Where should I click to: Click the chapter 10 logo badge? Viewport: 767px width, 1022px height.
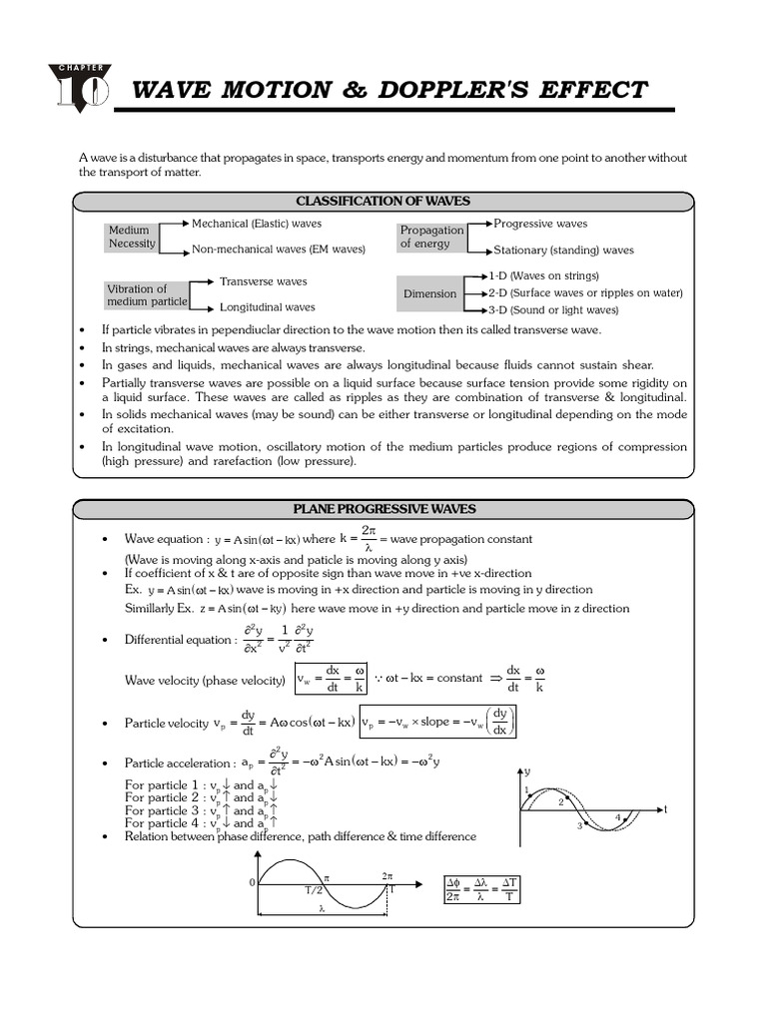(x=80, y=88)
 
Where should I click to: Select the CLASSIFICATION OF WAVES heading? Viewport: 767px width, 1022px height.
(x=383, y=202)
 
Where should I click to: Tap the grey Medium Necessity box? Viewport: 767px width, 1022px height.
(x=132, y=237)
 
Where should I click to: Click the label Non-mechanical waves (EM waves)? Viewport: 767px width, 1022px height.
(x=279, y=250)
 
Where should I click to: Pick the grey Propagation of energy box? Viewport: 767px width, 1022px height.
(x=431, y=237)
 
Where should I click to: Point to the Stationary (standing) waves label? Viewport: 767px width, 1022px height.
(x=563, y=251)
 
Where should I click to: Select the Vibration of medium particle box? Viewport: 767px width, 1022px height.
(x=147, y=295)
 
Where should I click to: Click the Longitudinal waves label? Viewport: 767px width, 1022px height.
(x=267, y=307)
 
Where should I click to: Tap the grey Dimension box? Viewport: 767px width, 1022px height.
(x=429, y=293)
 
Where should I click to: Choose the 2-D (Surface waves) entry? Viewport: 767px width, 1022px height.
(x=585, y=293)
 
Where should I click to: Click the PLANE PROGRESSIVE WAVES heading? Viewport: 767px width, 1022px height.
(x=383, y=509)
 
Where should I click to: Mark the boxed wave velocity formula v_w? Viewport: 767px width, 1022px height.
(x=332, y=679)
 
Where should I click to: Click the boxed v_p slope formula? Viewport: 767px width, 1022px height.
(x=438, y=722)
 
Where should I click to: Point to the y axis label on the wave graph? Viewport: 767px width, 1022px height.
(x=527, y=771)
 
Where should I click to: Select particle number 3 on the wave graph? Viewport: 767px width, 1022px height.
(x=579, y=825)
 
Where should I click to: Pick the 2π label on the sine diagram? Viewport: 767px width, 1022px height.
(x=387, y=875)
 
